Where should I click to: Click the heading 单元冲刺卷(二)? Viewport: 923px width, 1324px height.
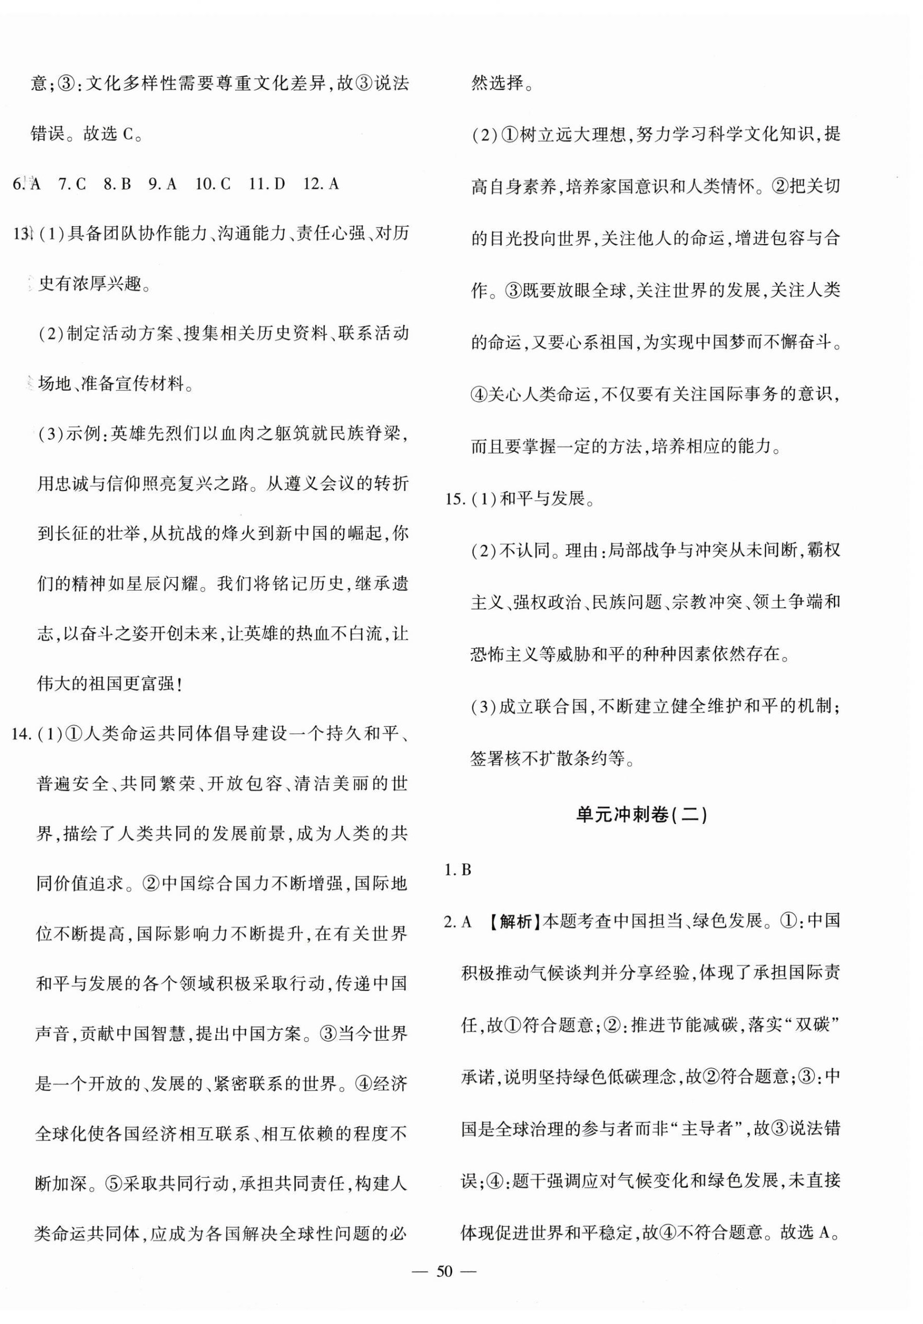641,815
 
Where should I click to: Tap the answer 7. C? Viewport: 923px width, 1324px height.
72,184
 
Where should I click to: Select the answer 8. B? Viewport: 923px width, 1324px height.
117,184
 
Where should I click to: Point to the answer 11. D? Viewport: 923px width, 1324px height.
267,184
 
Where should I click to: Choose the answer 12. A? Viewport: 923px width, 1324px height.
320,184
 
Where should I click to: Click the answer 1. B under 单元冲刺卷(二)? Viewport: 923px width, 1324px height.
458,870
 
